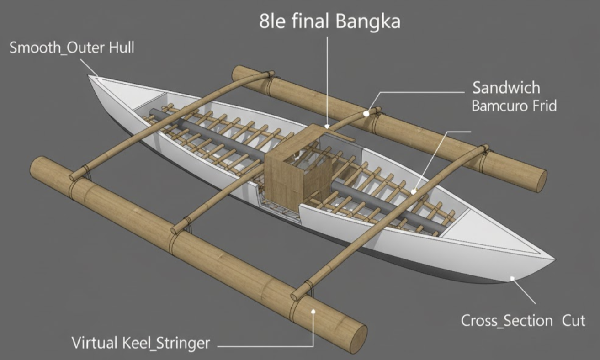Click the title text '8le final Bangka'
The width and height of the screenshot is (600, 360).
329,21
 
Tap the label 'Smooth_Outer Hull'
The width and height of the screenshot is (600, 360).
72,48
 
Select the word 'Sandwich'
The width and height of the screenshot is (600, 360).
506,87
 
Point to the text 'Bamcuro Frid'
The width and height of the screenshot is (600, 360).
514,106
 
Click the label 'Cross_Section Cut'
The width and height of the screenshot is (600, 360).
523,320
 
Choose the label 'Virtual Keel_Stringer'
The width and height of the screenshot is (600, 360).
141,342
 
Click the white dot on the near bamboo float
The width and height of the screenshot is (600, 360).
313,311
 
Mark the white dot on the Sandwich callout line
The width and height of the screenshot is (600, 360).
366,112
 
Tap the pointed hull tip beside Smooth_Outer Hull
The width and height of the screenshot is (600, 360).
93,79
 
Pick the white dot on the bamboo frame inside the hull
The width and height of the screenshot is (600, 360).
414,192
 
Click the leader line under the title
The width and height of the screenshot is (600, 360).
328,78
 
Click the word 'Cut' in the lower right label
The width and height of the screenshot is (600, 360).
573,320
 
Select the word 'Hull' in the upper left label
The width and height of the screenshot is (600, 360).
121,48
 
